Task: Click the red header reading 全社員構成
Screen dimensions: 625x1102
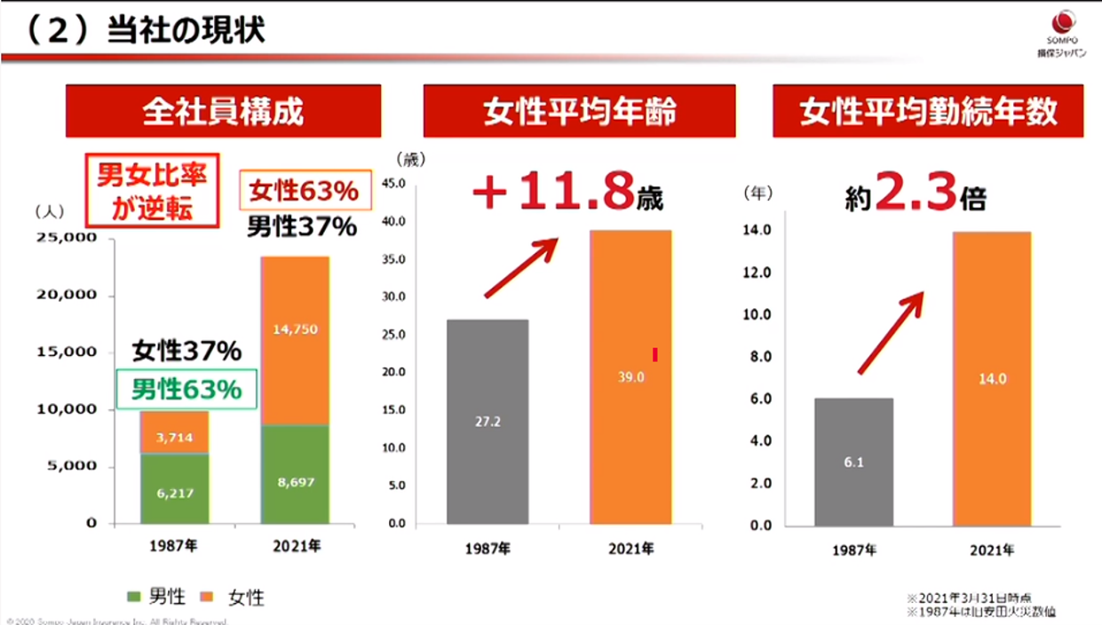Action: pyautogui.click(x=223, y=111)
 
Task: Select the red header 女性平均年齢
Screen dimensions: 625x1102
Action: pyautogui.click(x=580, y=111)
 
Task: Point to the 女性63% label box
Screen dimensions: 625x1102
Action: pyautogui.click(x=302, y=191)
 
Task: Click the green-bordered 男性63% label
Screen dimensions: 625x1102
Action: pyautogui.click(x=186, y=389)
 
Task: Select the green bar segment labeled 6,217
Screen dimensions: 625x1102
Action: pyautogui.click(x=174, y=488)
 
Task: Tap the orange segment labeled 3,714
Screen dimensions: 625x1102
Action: pyautogui.click(x=174, y=432)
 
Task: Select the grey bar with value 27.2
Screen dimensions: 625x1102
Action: pyautogui.click(x=488, y=421)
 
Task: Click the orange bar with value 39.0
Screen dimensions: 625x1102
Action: pyautogui.click(x=630, y=376)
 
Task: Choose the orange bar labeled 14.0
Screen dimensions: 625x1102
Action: pyautogui.click(x=992, y=378)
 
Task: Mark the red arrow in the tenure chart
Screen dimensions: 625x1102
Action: pyautogui.click(x=891, y=333)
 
